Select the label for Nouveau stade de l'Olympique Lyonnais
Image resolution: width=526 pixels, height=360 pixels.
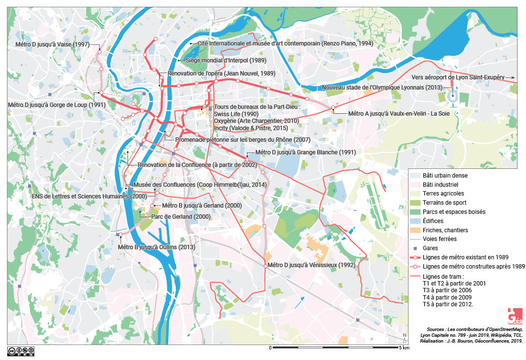click(381, 88)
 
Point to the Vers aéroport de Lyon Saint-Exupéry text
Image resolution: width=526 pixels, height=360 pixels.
click(458, 77)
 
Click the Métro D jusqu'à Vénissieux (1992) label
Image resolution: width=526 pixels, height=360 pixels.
click(311, 265)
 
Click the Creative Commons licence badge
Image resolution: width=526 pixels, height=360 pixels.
click(20, 350)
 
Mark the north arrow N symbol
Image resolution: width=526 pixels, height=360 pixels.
click(404, 338)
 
